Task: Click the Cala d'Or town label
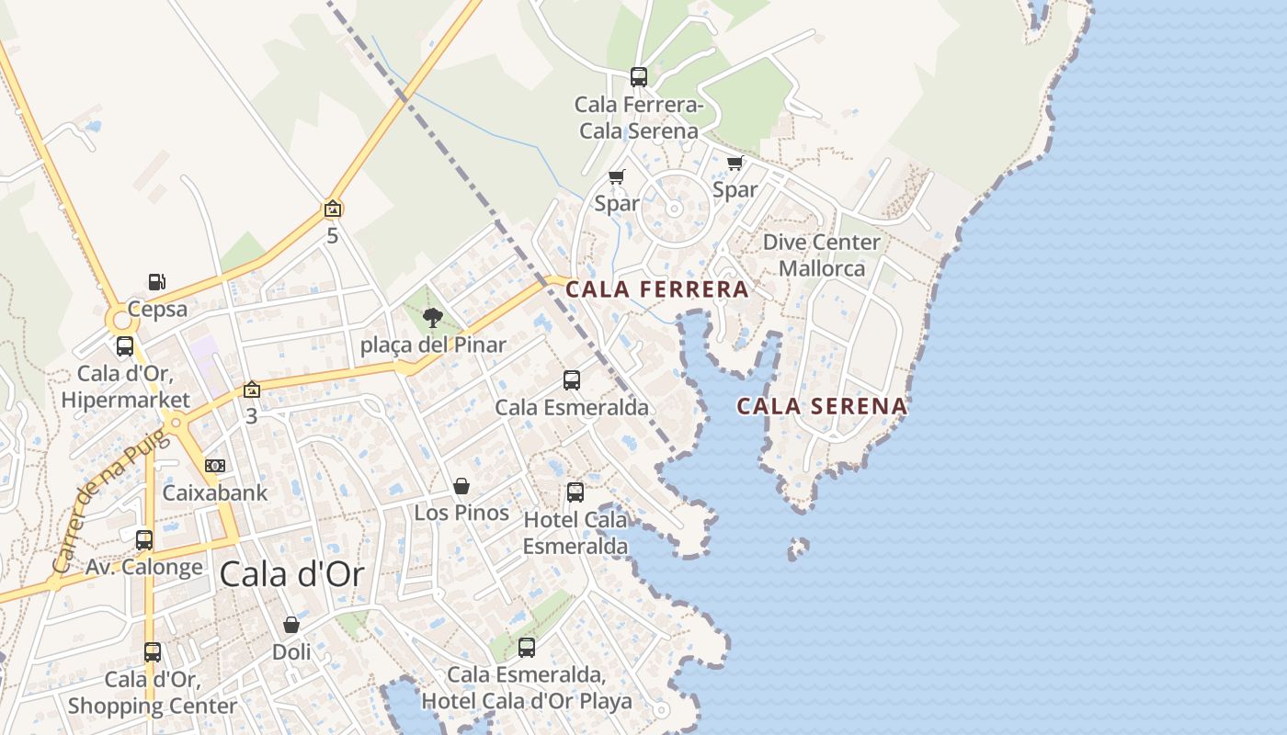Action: (x=291, y=575)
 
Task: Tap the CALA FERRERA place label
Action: (x=656, y=289)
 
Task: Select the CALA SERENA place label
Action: (x=822, y=406)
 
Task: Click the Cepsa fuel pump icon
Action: (x=157, y=282)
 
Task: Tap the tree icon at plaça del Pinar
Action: (x=432, y=318)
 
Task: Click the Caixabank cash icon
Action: (x=215, y=466)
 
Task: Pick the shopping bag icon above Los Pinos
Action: (x=461, y=486)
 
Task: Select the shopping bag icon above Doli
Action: (x=291, y=625)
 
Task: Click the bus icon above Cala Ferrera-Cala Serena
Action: (x=639, y=77)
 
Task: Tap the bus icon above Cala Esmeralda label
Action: (x=572, y=379)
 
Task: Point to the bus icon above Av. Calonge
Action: (x=144, y=539)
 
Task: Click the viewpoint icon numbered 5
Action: (x=333, y=209)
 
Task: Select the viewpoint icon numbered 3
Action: (x=251, y=390)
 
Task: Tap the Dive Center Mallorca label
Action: (x=822, y=255)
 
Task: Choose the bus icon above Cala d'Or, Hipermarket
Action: (x=125, y=346)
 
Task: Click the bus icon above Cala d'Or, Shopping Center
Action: (x=153, y=652)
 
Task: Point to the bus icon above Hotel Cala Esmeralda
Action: (x=575, y=492)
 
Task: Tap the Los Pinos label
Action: (x=461, y=513)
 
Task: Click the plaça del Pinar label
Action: (x=433, y=345)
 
